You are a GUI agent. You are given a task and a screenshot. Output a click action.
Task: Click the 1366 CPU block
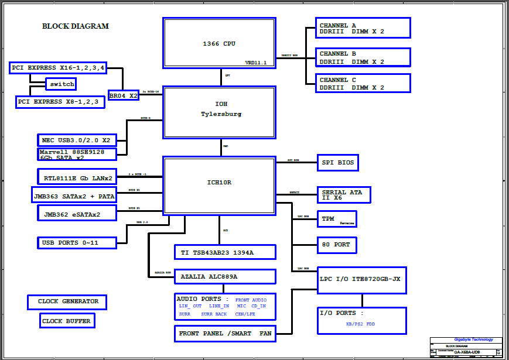pyautogui.click(x=219, y=43)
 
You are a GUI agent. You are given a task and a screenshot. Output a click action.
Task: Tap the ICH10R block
pyautogui.click(x=219, y=184)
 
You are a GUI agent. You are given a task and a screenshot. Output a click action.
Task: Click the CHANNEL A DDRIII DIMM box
pyautogui.click(x=363, y=28)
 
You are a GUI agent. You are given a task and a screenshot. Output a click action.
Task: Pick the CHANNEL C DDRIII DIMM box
pyautogui.click(x=363, y=83)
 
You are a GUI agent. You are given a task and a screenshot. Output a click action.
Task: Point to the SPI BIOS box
pyautogui.click(x=337, y=162)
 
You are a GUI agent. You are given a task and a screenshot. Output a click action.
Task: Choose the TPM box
pyautogui.click(x=337, y=219)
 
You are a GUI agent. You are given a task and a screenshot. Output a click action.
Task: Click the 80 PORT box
pyautogui.click(x=337, y=245)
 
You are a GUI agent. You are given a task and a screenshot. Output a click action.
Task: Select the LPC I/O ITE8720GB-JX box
pyautogui.click(x=362, y=279)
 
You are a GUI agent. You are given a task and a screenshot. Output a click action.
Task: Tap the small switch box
pyautogui.click(x=62, y=84)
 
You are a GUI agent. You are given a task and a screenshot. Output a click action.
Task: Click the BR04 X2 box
pyautogui.click(x=124, y=95)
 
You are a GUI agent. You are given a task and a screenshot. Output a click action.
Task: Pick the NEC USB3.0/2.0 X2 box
pyautogui.click(x=77, y=140)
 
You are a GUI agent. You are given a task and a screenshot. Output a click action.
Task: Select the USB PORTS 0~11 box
pyautogui.click(x=77, y=242)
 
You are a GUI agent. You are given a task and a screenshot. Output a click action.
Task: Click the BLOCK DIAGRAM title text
pyautogui.click(x=76, y=26)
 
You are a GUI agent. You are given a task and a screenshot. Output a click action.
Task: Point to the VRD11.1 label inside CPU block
pyautogui.click(x=256, y=63)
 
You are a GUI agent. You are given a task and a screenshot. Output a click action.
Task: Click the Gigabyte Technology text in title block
pyautogui.click(x=474, y=340)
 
